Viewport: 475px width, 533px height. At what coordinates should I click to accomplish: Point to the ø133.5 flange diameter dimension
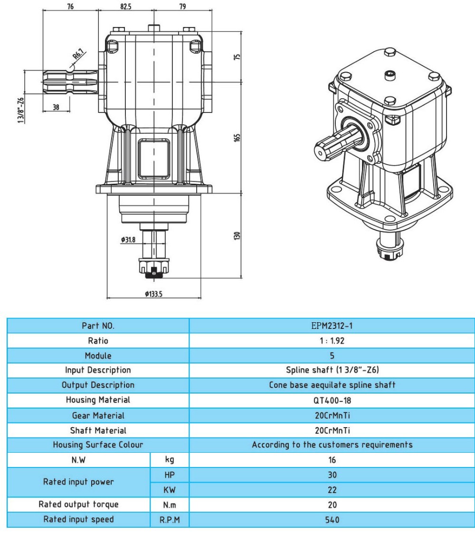click(154, 294)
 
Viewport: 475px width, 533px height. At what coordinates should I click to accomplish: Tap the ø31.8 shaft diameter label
click(128, 240)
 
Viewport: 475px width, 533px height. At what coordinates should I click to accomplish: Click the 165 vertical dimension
click(237, 137)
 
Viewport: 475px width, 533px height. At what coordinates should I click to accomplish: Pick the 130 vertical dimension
click(237, 235)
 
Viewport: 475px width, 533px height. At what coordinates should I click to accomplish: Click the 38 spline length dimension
click(56, 107)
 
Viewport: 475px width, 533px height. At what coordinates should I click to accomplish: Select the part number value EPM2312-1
click(332, 326)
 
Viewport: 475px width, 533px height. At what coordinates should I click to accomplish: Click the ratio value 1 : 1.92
click(332, 341)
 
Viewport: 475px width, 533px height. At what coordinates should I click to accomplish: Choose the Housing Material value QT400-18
click(332, 400)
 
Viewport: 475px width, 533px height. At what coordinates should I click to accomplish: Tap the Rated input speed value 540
click(332, 520)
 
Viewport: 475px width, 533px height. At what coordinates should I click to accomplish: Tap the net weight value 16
click(332, 460)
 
